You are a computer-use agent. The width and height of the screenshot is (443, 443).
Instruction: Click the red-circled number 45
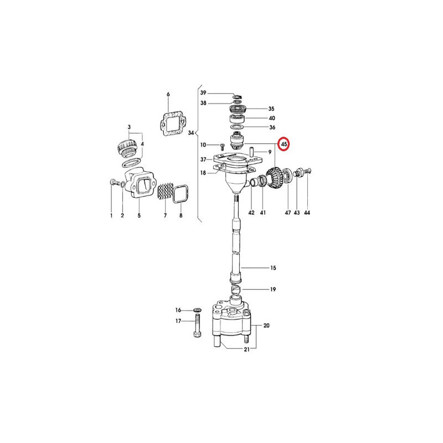click(284, 144)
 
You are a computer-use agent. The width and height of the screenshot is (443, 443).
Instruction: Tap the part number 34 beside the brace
click(191, 133)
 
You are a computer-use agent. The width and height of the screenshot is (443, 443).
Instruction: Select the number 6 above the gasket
click(168, 94)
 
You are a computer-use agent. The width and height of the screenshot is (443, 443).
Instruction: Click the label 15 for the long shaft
click(273, 267)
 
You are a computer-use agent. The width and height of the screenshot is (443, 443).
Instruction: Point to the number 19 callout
click(273, 289)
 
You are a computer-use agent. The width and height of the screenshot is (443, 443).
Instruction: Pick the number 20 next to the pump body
click(266, 326)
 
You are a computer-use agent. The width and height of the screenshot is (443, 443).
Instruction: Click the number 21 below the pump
click(246, 349)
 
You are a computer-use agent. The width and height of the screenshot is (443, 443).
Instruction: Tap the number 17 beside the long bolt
click(178, 321)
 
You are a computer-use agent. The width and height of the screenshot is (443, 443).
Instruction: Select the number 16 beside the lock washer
click(178, 310)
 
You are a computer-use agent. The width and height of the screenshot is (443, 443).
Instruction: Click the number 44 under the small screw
click(307, 213)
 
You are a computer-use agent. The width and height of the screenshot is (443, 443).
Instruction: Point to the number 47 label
click(287, 213)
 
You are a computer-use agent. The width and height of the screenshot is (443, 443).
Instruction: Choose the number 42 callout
click(251, 213)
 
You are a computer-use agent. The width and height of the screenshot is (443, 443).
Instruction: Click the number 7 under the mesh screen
click(165, 215)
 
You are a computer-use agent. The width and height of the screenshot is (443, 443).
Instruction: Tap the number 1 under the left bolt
click(111, 215)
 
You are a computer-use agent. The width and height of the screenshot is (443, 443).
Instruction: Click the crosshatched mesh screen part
click(164, 192)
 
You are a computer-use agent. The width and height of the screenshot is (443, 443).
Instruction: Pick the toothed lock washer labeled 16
click(197, 311)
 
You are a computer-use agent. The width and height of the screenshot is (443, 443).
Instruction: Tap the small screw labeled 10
click(222, 147)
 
